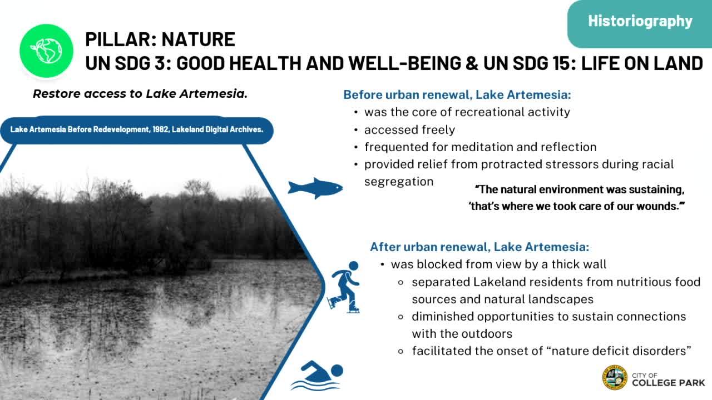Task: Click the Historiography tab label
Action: pos(640,22)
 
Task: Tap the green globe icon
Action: pos(46,51)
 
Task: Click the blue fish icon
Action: pos(315,188)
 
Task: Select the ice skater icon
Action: pos(344,287)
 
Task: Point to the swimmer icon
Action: pos(317,376)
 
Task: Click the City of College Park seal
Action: pos(615,377)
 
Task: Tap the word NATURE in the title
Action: pos(199,39)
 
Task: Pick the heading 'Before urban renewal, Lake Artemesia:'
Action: pos(457,94)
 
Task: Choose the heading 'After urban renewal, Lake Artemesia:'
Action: pos(479,247)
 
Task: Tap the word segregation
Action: pos(399,182)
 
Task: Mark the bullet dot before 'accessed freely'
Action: pos(356,130)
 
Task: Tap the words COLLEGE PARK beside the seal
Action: pos(668,383)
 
